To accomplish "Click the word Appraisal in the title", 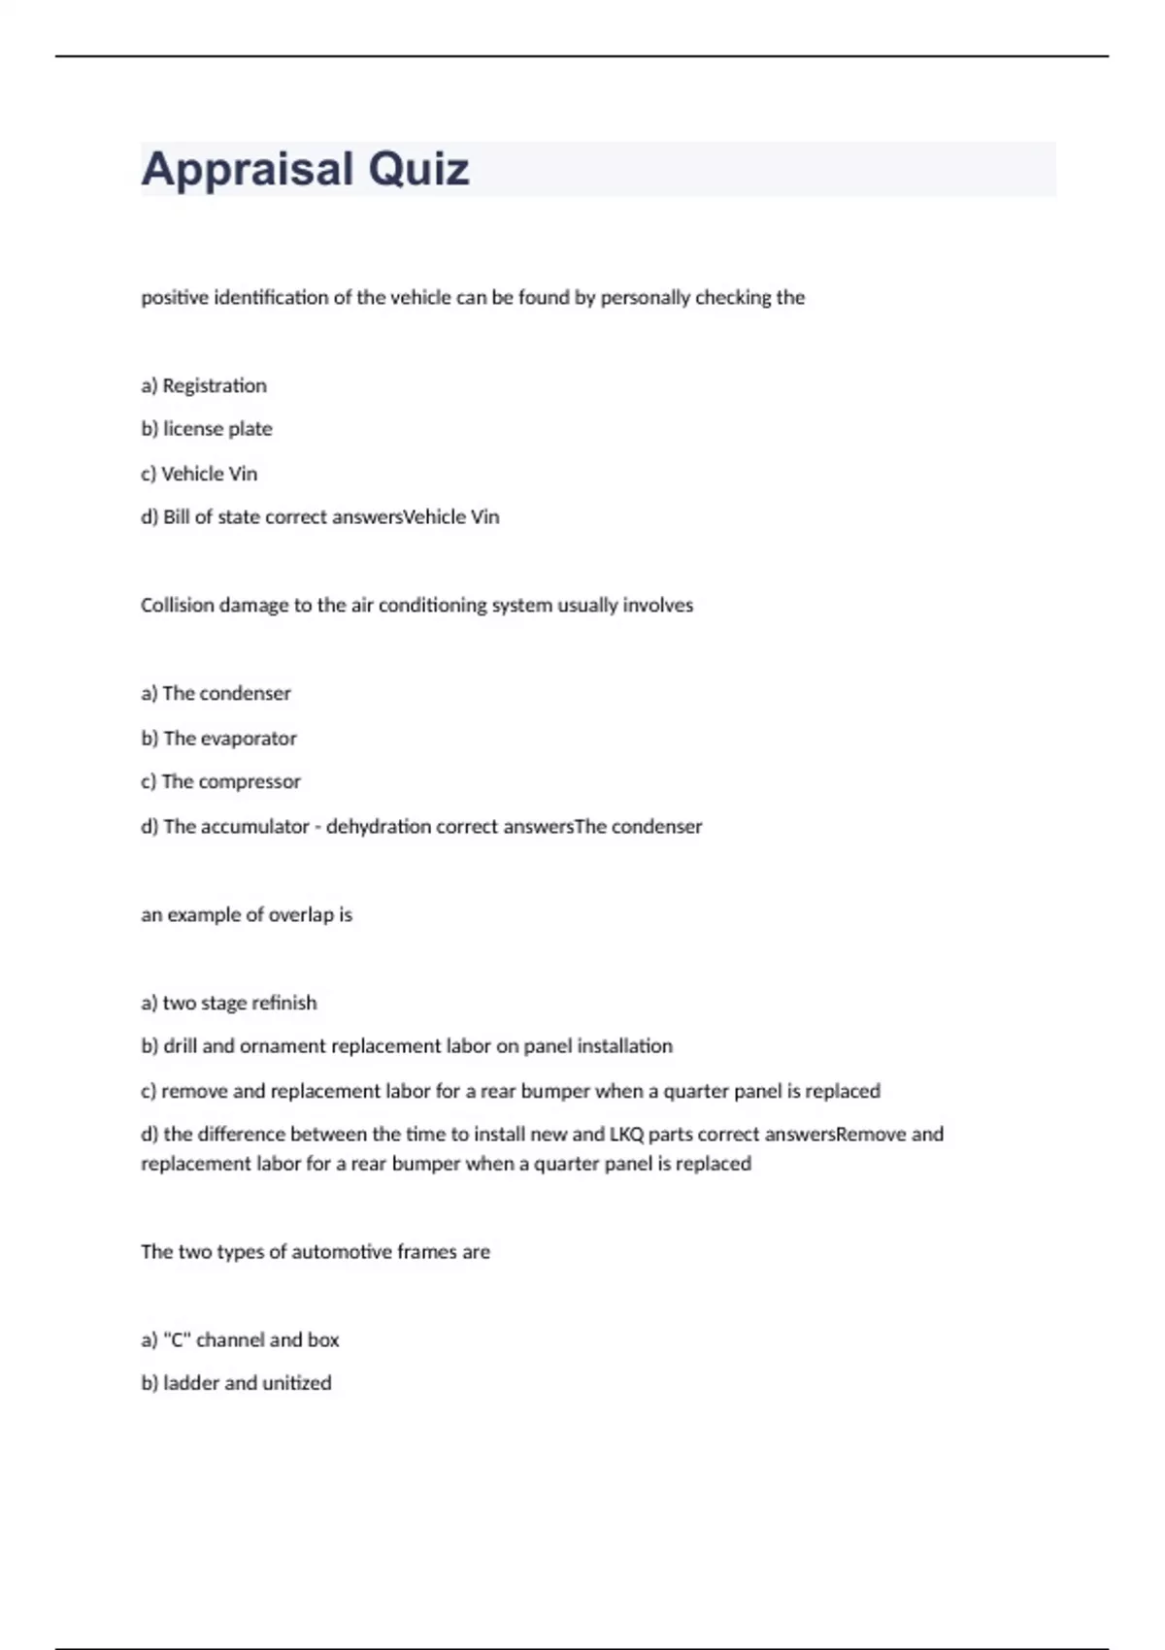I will coord(246,170).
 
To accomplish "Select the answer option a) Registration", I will coord(204,385).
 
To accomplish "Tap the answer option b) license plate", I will coord(207,429).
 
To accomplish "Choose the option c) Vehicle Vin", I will coord(199,474).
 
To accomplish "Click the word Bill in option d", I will coord(176,517).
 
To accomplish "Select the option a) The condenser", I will coord(216,694).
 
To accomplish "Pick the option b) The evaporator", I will coord(218,739).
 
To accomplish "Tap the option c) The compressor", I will coord(220,782).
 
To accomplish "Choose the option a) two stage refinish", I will coord(229,1004).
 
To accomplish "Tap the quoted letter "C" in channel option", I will coord(177,1340).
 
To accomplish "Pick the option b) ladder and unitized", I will coord(236,1383).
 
